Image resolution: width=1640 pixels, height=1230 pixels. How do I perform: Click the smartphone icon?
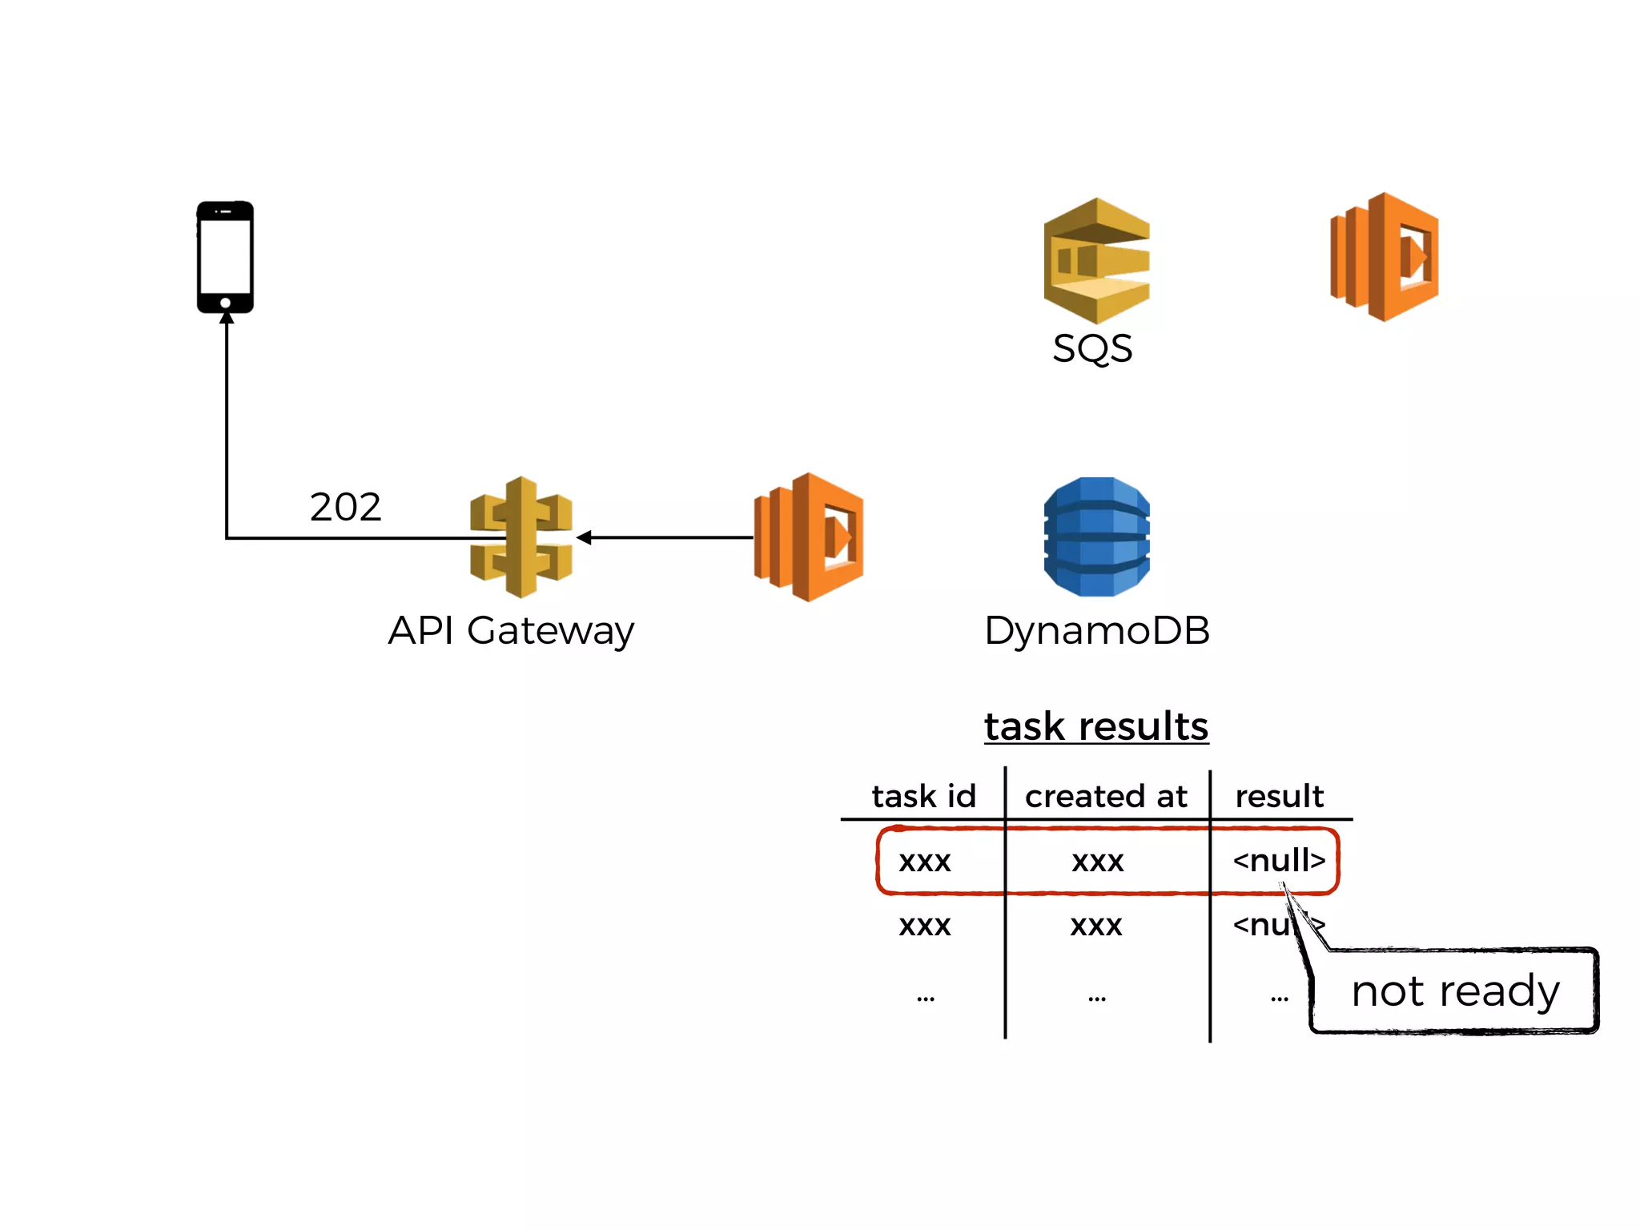coord(226,257)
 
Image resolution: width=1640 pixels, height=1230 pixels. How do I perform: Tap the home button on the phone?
coord(226,303)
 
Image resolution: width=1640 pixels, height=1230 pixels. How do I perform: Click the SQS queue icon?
coord(1096,260)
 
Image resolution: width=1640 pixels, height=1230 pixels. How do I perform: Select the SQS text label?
coord(1092,348)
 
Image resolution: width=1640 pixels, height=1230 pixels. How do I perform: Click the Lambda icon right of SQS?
coord(1385,257)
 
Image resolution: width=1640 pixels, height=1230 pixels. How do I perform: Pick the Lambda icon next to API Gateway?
coord(809,537)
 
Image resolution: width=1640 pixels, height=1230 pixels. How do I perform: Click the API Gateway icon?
coord(521,537)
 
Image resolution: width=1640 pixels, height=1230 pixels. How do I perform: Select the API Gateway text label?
coord(511,630)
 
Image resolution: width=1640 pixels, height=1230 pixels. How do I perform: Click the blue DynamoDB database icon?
coord(1096,537)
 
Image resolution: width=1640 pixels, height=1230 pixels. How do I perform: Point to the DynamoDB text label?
coord(1096,630)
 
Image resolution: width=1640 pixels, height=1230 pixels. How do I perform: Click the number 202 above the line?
coord(345,507)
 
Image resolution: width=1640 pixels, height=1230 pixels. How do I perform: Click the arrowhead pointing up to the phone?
coord(227,318)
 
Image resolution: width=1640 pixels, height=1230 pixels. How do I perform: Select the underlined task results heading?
coord(1096,726)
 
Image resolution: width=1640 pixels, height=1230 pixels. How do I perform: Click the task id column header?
coord(924,796)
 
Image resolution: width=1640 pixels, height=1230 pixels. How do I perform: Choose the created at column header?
coord(1106,796)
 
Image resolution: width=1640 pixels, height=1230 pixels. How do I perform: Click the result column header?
coord(1279,796)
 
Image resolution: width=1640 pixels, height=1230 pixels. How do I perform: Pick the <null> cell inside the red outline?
coord(1279,860)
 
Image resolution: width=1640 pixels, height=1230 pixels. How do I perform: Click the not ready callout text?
coord(1455,991)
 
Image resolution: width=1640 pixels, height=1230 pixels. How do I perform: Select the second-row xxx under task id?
coord(924,926)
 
